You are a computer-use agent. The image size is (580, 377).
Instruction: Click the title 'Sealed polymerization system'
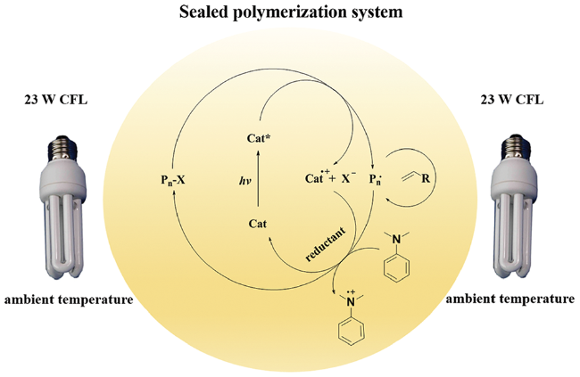[289, 14]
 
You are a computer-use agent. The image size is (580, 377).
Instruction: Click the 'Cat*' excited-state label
[259, 140]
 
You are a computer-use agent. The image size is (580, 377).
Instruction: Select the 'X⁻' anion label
[349, 179]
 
